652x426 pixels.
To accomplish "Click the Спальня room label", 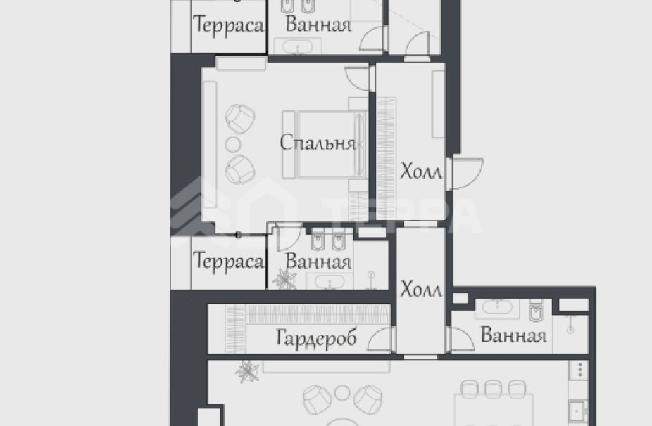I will coord(317,143).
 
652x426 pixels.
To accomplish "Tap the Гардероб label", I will coord(316,339).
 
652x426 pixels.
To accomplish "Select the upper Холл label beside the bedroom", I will coord(421,172).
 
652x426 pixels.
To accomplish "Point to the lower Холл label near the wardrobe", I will coord(421,289).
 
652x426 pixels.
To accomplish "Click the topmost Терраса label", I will coord(228,27).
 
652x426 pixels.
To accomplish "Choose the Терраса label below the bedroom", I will coord(228,262).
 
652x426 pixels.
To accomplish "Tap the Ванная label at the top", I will coord(318,26).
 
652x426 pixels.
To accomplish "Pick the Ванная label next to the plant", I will coord(318,263).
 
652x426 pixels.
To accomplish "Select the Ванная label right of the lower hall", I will coord(513,335).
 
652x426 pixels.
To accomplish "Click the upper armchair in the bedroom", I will coord(241,118).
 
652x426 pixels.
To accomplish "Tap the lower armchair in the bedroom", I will coord(241,168).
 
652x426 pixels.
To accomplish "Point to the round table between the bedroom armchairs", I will coord(232,144).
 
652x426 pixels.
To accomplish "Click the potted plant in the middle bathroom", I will coord(284,278).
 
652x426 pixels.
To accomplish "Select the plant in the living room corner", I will coord(247,370).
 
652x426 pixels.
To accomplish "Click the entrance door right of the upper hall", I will coord(467,173).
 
